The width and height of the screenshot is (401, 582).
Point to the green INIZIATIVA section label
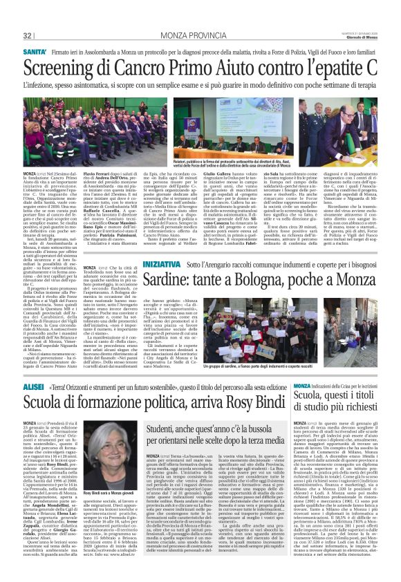[x=162, y=264]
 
